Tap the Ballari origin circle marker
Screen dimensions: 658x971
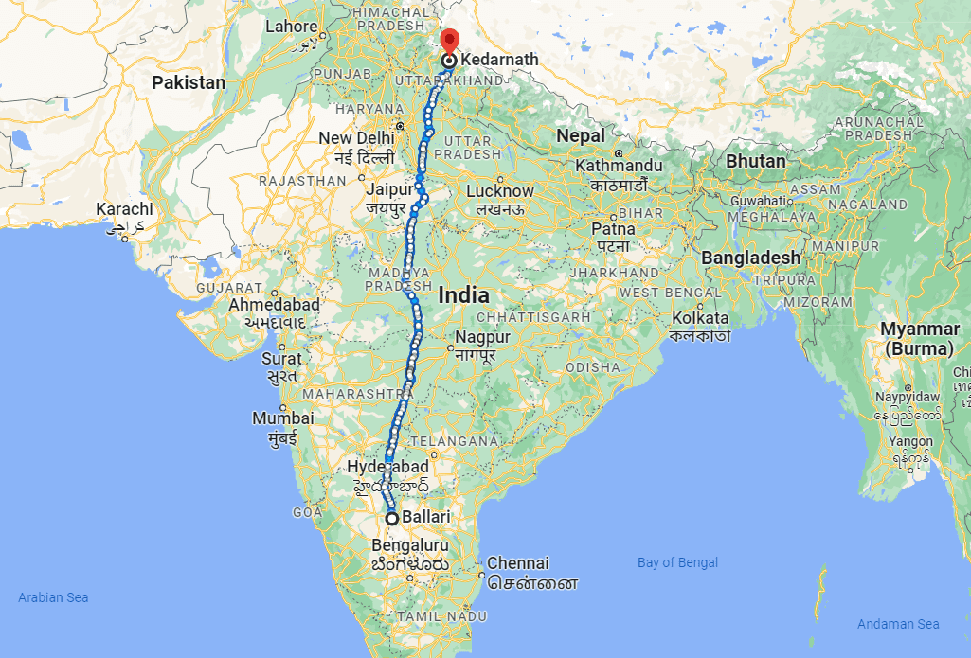[x=391, y=518]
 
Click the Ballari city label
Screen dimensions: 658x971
[x=425, y=518]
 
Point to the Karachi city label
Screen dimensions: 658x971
[x=124, y=208]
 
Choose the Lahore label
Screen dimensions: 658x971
[x=291, y=27]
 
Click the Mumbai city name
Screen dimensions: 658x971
[x=282, y=418]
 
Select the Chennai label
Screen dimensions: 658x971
[x=518, y=563]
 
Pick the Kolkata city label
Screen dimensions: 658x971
[x=699, y=318]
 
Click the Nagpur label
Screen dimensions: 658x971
[x=482, y=337]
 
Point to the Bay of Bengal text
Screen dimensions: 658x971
[x=677, y=562]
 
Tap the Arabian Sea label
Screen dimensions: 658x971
[x=53, y=597]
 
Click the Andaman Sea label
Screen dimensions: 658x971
[x=898, y=623]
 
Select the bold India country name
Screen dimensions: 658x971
[x=464, y=295]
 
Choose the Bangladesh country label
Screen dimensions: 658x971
[x=751, y=258]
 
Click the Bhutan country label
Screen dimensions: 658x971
[x=756, y=161]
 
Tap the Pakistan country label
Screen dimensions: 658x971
[x=189, y=82]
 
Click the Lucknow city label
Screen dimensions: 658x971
[x=500, y=191]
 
